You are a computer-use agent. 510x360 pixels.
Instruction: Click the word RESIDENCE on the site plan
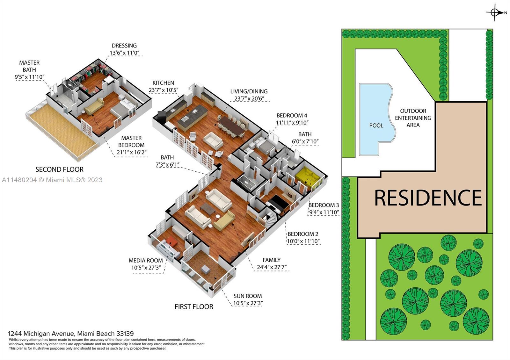428,198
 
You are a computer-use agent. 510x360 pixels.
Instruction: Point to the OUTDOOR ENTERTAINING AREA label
413,118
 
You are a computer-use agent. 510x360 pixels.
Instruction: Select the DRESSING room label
124,46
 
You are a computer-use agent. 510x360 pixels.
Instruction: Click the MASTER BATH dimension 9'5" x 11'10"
29,77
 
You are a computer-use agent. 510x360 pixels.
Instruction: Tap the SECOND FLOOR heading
59,169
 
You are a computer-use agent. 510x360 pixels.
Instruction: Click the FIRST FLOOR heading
194,307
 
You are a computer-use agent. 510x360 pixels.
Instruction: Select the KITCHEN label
163,83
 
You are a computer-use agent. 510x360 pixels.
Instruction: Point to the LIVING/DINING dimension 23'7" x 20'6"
249,99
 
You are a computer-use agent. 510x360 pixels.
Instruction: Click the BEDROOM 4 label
292,115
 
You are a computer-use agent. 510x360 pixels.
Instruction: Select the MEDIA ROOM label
146,261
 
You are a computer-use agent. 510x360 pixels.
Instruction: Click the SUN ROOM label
248,296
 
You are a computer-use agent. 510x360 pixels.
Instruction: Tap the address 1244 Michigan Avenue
41,334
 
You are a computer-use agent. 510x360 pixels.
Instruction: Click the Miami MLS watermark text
52,180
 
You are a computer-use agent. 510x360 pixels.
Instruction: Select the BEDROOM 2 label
303,234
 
